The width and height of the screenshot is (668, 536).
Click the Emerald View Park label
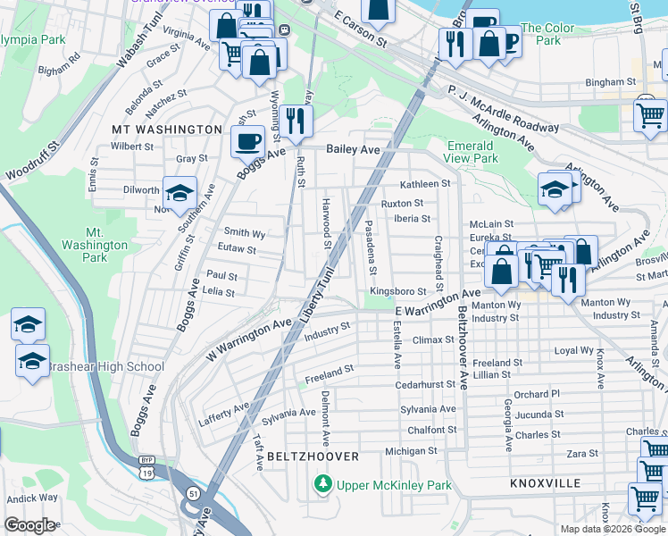click(471, 152)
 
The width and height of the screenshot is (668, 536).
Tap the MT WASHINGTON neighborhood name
click(166, 130)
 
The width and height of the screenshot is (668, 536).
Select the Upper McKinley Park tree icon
click(322, 485)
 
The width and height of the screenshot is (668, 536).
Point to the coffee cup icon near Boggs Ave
click(247, 139)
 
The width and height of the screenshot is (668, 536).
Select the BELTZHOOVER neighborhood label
click(313, 456)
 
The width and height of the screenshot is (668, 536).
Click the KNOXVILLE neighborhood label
click(545, 483)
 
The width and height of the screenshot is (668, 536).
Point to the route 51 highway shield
click(193, 491)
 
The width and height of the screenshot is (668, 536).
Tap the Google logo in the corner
click(29, 525)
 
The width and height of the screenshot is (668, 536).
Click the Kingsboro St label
click(397, 291)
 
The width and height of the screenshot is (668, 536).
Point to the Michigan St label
click(413, 451)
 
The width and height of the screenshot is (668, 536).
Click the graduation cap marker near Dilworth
click(180, 194)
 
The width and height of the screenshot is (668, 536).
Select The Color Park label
click(547, 34)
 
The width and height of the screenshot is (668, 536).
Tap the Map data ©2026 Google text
click(613, 528)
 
